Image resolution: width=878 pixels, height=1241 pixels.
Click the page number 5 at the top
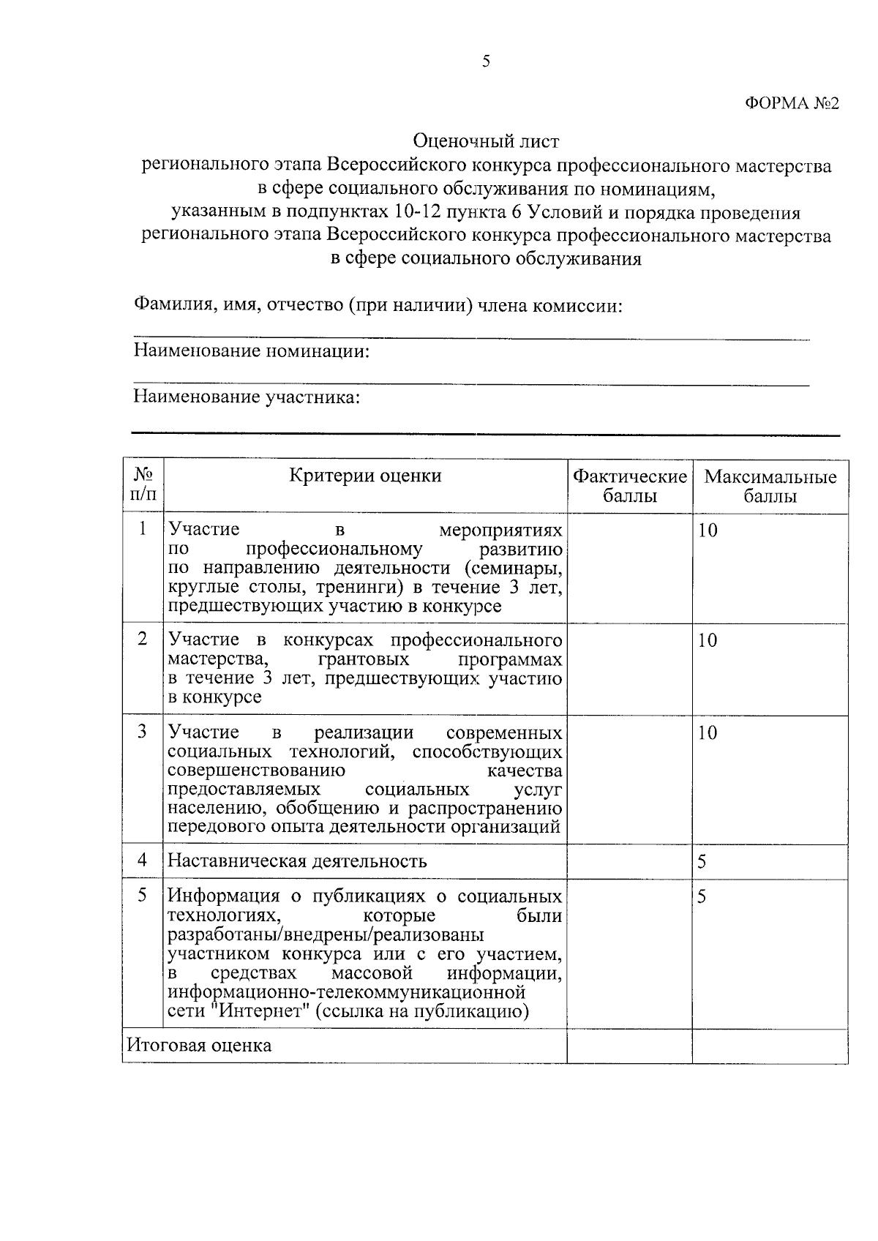coord(486,61)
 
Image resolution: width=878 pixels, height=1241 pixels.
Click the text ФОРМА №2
coord(792,103)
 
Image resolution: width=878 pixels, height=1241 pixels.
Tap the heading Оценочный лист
coord(486,140)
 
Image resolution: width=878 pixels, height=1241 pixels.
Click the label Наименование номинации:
coord(251,351)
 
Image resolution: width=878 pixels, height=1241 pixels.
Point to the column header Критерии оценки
coord(365,476)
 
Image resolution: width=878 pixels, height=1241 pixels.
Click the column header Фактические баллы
coord(629,487)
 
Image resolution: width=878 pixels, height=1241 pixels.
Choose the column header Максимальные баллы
coord(770,487)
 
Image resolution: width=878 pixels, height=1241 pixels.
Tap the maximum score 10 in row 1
coord(708,530)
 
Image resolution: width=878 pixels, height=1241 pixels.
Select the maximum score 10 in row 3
coord(708,733)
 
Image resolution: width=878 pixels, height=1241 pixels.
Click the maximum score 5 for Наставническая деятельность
coord(702,862)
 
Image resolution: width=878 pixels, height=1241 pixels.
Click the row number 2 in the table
coord(143,639)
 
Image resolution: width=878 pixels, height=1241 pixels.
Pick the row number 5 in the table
coord(143,896)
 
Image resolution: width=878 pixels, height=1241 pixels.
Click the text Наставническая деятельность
coord(297,861)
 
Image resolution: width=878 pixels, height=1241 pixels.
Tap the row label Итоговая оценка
coord(199,1045)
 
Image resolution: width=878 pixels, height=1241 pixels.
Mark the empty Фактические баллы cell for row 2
coord(629,669)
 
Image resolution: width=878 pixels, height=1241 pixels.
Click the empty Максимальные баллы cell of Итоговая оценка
coord(770,1046)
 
